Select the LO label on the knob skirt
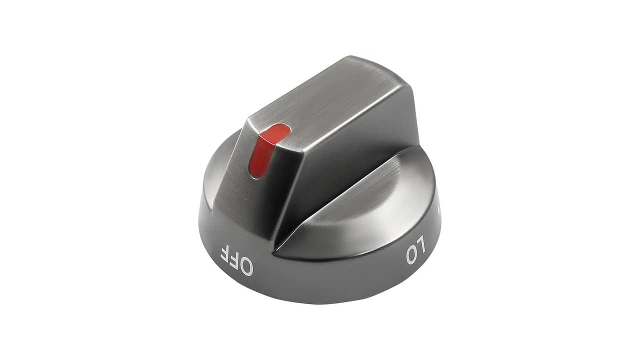(x=416, y=251)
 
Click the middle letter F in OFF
(x=234, y=258)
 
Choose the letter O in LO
(x=411, y=255)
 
